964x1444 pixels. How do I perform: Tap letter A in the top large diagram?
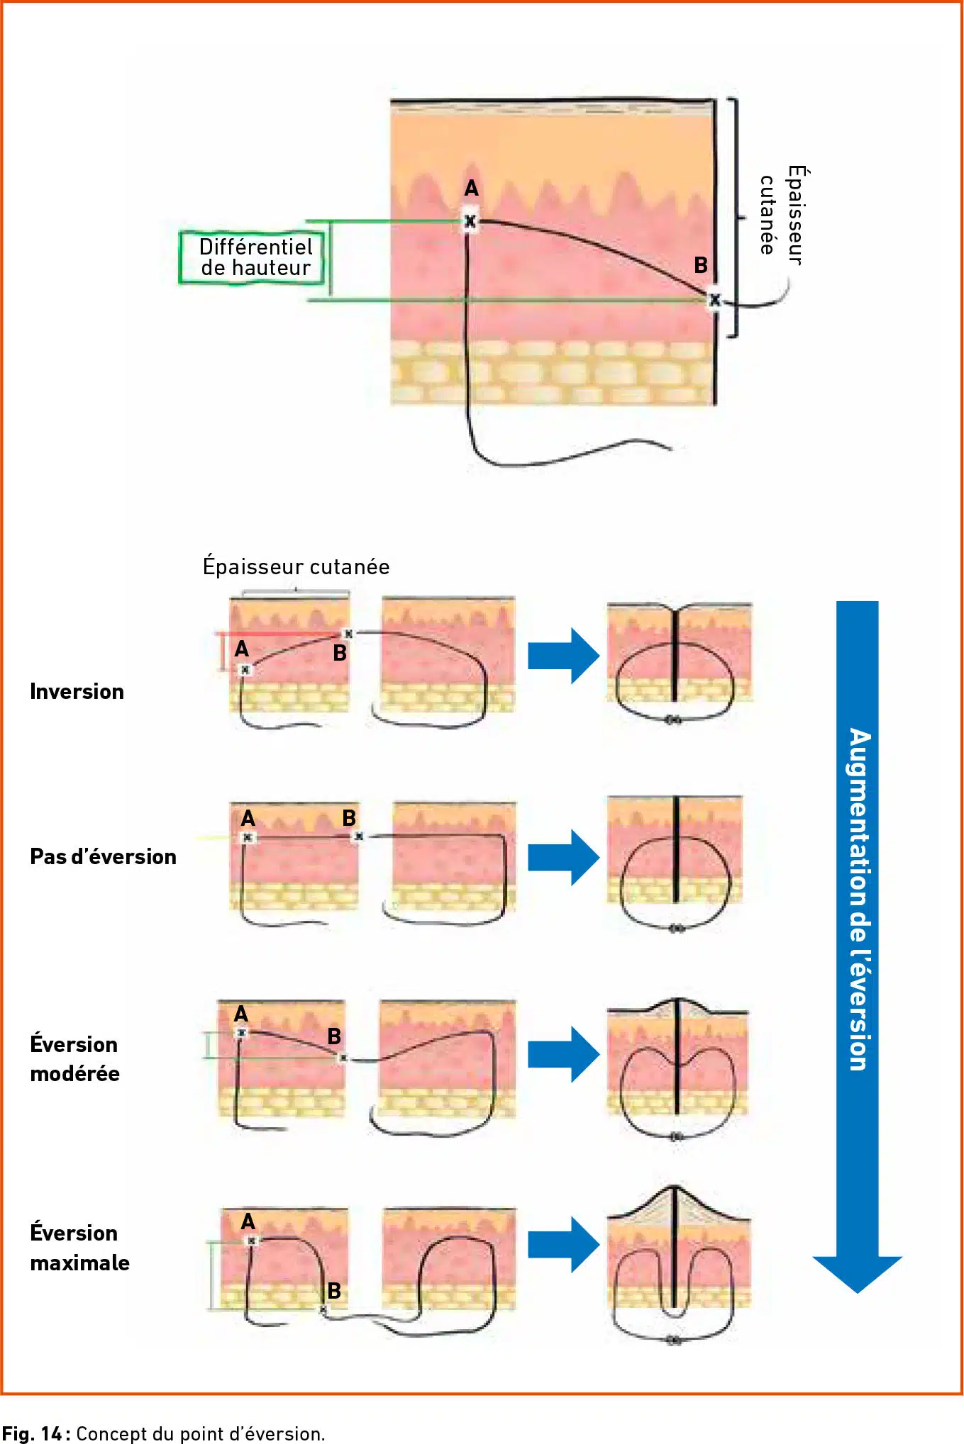point(472,189)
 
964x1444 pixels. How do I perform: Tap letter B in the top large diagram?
point(701,265)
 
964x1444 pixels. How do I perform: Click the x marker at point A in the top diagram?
point(470,221)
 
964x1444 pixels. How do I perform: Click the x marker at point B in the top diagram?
point(715,300)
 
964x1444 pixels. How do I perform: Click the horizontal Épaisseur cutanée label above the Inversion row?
point(296,566)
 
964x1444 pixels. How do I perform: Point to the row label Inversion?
point(77,692)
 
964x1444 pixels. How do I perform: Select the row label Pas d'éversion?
point(103,856)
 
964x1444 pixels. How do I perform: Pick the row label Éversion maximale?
point(79,1248)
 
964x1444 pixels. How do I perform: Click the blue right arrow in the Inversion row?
point(564,656)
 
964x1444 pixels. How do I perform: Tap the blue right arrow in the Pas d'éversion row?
point(564,857)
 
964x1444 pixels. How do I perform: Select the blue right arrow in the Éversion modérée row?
point(564,1054)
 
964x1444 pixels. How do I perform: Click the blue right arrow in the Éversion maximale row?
point(564,1245)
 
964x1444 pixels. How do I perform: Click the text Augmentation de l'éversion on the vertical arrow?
point(858,899)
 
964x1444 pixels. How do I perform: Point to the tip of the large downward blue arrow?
point(858,1293)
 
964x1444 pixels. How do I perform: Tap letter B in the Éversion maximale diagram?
point(334,1291)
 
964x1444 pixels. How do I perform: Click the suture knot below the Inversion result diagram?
point(673,720)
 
